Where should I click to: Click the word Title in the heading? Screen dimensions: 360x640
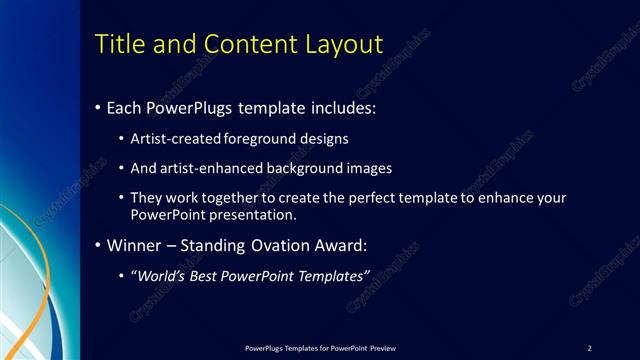pos(117,44)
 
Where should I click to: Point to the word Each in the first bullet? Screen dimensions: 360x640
pos(124,107)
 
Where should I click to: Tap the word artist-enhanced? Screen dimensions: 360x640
pos(211,168)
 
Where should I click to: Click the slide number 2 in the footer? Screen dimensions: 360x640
pos(590,348)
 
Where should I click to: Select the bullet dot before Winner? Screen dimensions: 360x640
pos(97,245)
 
